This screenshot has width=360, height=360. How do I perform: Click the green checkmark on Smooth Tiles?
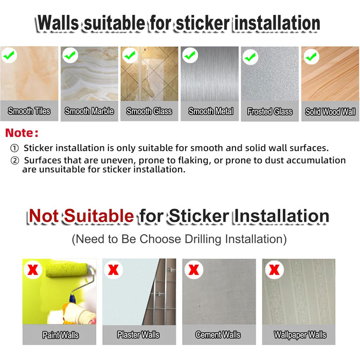pyautogui.click(x=9, y=55)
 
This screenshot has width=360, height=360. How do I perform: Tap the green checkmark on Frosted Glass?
pyautogui.click(x=250, y=57)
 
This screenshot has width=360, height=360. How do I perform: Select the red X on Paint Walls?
pyautogui.click(x=33, y=269)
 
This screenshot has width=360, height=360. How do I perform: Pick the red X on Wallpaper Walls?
pyautogui.click(x=274, y=269)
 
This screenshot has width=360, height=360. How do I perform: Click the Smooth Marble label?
pyautogui.click(x=89, y=111)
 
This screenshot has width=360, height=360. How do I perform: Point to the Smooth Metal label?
pyautogui.click(x=211, y=111)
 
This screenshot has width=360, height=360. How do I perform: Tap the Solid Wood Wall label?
pyautogui.click(x=330, y=112)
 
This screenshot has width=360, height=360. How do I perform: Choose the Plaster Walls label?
pyautogui.click(x=138, y=335)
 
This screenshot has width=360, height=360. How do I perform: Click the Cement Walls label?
pyautogui.click(x=218, y=335)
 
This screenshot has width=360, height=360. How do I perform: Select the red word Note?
pyautogui.click(x=20, y=133)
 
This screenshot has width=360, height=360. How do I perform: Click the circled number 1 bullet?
pyautogui.click(x=14, y=148)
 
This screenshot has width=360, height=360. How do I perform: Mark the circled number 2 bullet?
pyautogui.click(x=15, y=160)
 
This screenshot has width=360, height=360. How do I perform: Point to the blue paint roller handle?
pyautogui.click(x=73, y=298)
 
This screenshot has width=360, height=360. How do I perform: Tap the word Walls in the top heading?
pyautogui.click(x=58, y=23)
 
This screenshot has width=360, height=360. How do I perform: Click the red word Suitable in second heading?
pyautogui.click(x=99, y=216)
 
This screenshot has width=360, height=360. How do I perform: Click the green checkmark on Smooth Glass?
pyautogui.click(x=130, y=55)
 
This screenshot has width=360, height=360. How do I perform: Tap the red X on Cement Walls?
pyautogui.click(x=193, y=269)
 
